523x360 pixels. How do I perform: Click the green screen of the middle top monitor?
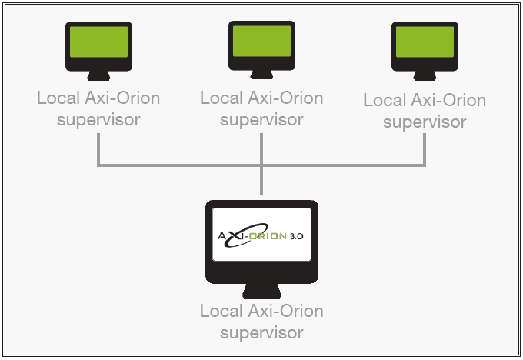261,40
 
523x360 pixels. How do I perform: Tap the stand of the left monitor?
98,75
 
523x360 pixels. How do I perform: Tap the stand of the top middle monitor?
261,74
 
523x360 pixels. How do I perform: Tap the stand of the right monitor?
425,75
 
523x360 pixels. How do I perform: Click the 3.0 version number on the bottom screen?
296,235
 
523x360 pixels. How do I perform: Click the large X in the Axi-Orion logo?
235,235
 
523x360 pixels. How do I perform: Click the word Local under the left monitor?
57,98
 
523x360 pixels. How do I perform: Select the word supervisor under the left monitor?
98,120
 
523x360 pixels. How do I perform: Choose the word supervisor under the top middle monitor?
261,120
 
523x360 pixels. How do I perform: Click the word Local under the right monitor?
383,101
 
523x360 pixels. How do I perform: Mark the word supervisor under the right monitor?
425,122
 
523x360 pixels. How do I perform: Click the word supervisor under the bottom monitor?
261,333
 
